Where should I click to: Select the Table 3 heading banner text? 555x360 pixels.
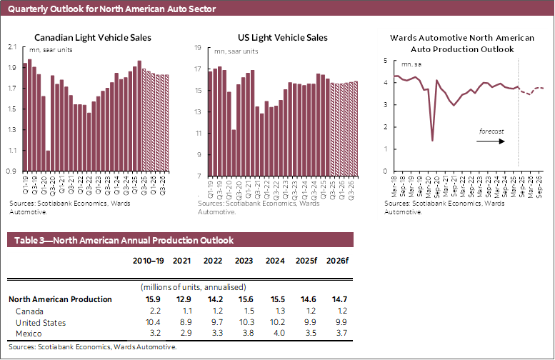point(121,240)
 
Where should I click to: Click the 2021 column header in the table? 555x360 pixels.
point(182,261)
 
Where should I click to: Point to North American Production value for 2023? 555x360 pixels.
point(244,299)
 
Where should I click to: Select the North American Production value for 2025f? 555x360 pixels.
point(304,299)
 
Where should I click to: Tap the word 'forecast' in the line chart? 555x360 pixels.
point(491,131)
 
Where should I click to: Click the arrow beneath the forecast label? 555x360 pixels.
point(491,141)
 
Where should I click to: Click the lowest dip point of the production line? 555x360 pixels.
point(433,140)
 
